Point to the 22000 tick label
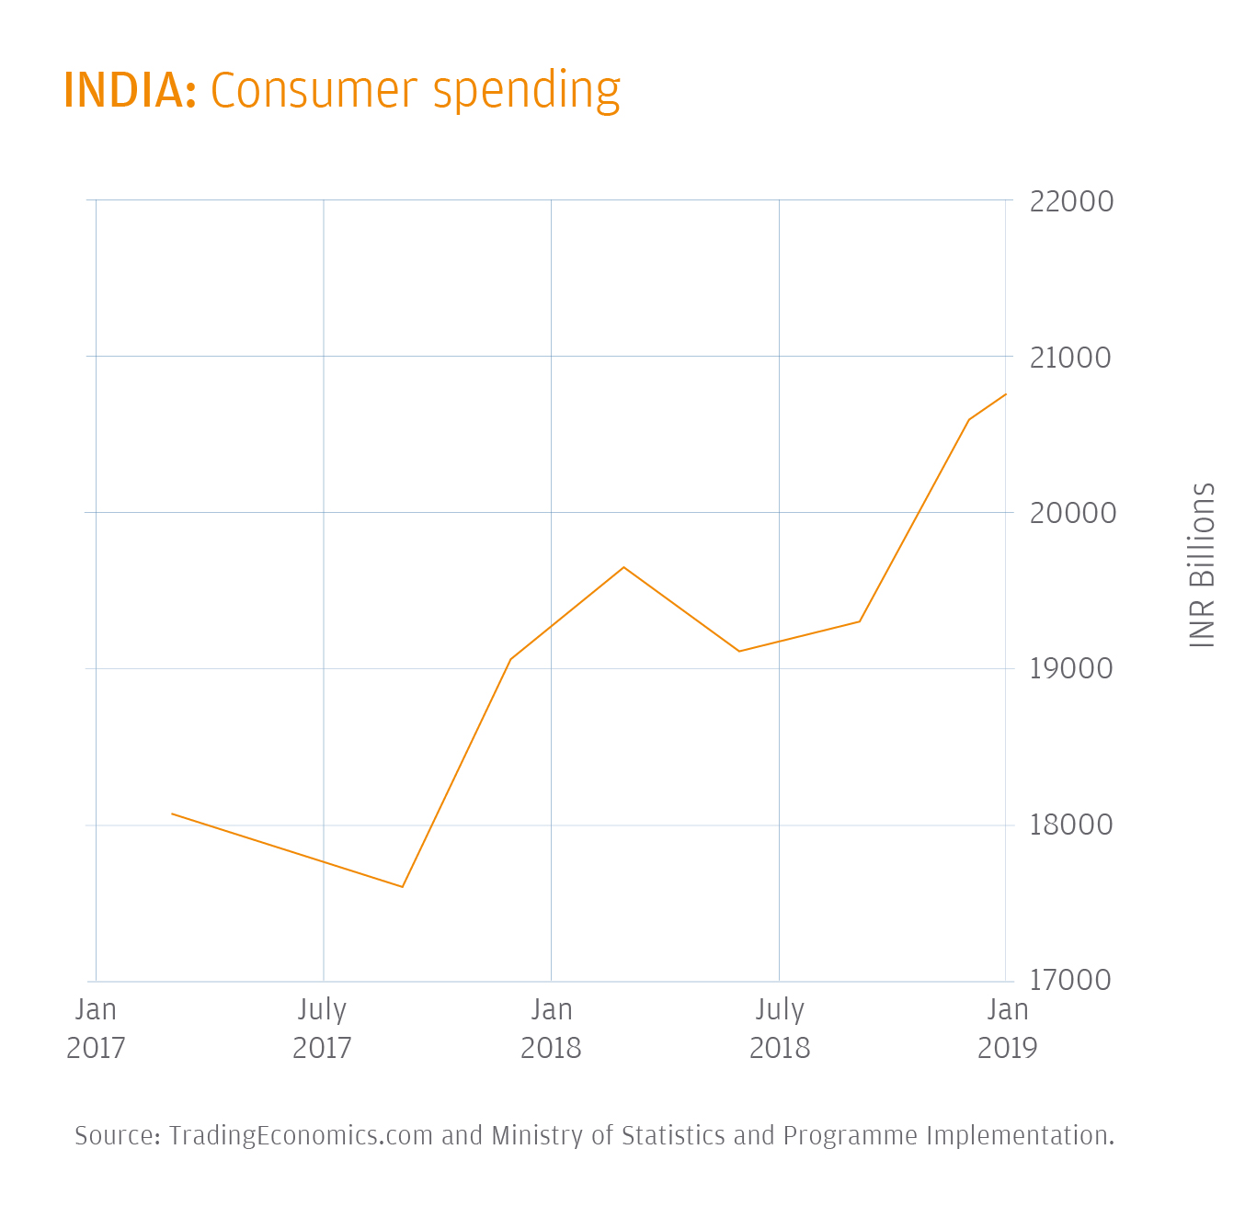(1071, 201)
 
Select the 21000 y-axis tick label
(1070, 358)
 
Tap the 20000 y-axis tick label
(1072, 513)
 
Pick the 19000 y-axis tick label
(1070, 669)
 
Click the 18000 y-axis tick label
(1070, 825)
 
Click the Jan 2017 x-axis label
(96, 1029)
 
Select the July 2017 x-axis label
(323, 1029)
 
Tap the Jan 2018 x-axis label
(551, 1029)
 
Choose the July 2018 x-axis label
(780, 1029)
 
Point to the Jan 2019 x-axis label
(1007, 1029)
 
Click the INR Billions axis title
(1202, 564)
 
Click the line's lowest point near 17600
(403, 887)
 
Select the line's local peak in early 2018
(624, 567)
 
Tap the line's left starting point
(172, 813)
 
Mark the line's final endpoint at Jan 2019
(1006, 394)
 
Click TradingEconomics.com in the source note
(301, 1136)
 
